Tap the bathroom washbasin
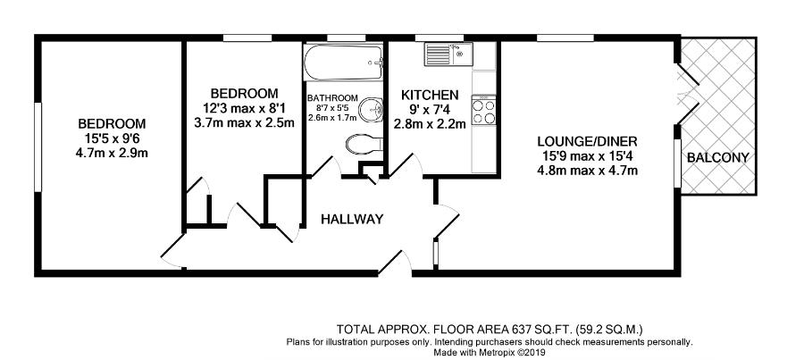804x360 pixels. pos(370,109)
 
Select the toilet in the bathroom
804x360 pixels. pos(364,143)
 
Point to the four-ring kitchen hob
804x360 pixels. pos(483,112)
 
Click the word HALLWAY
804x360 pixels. pos(352,220)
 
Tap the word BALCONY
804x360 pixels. pos(718,158)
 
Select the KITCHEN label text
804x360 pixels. pos(430,96)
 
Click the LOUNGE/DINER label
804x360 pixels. pos(587,141)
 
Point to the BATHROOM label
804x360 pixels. pos(332,98)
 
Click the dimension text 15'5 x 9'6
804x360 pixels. pos(112,138)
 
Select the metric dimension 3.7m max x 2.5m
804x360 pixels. pos(244,123)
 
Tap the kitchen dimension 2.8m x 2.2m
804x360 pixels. pos(430,123)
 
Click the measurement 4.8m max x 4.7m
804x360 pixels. pos(587,171)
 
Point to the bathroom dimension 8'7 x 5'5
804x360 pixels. pos(332,108)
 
